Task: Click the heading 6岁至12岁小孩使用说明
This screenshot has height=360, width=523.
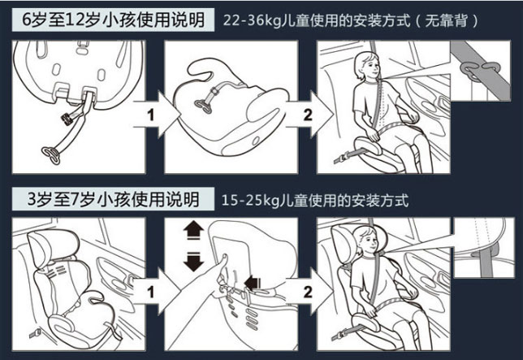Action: click(113, 20)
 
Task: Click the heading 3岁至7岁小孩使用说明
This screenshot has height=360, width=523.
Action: click(113, 199)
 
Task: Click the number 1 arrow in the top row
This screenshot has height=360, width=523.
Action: click(157, 115)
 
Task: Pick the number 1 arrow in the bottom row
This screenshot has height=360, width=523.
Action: click(157, 292)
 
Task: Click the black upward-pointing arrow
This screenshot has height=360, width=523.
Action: click(193, 231)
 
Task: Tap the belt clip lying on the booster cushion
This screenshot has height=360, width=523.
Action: click(203, 106)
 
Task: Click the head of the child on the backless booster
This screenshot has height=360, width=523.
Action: click(367, 66)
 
